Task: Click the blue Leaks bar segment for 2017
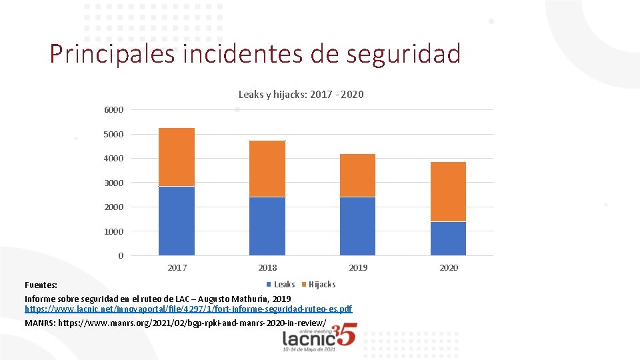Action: [x=177, y=221]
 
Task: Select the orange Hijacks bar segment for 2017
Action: [x=177, y=157]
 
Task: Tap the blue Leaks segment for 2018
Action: [x=267, y=226]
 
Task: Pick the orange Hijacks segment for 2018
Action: [x=267, y=169]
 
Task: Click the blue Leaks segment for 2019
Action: [x=358, y=226]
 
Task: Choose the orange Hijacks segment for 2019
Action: [x=358, y=175]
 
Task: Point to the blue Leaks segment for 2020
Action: [x=448, y=239]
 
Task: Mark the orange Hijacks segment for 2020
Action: [x=448, y=191]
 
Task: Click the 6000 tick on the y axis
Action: [x=113, y=110]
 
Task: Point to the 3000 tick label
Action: [x=113, y=183]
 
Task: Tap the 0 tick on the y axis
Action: [x=121, y=256]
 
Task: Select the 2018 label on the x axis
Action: [x=267, y=268]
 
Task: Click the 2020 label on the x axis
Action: [x=449, y=268]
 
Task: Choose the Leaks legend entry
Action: [x=284, y=285]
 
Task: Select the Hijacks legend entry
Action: [x=321, y=285]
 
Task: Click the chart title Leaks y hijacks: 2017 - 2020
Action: [x=301, y=95]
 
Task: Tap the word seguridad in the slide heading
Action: [x=403, y=54]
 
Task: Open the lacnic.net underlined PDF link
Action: [x=189, y=309]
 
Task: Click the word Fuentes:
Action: [x=41, y=285]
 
